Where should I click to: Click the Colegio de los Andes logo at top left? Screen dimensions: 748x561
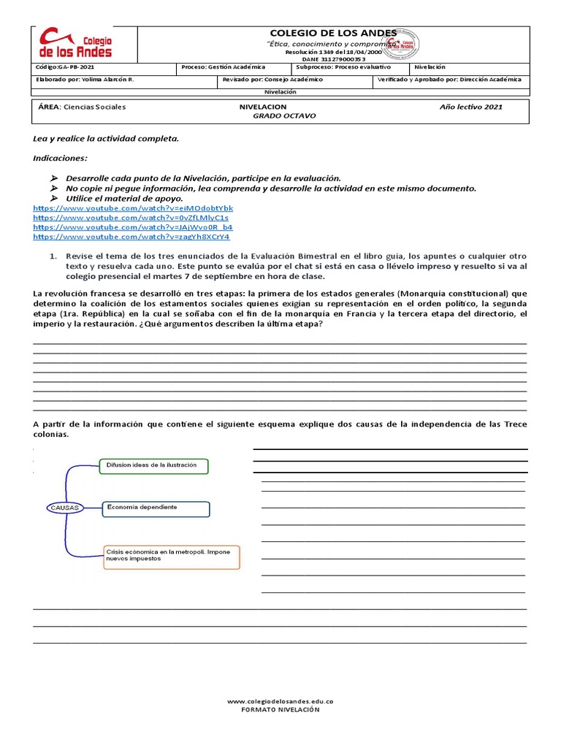(x=76, y=44)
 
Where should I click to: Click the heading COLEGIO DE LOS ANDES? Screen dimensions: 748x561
(x=333, y=33)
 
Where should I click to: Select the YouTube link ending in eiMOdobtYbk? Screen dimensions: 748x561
(x=133, y=208)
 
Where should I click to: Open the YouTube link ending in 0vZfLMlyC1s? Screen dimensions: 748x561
(x=131, y=218)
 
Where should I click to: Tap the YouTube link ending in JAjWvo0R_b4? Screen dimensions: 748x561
(x=133, y=227)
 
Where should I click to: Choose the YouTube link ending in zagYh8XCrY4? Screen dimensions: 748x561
(x=131, y=237)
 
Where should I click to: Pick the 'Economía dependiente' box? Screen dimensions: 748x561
(x=156, y=508)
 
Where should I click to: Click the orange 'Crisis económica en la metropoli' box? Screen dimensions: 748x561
(x=172, y=557)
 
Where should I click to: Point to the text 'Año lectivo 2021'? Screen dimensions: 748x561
(x=470, y=107)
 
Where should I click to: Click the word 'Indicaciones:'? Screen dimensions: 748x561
(x=60, y=158)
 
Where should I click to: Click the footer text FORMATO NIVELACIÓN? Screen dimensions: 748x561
(x=281, y=709)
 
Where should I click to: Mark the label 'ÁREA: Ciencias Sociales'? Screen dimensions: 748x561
(x=82, y=107)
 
